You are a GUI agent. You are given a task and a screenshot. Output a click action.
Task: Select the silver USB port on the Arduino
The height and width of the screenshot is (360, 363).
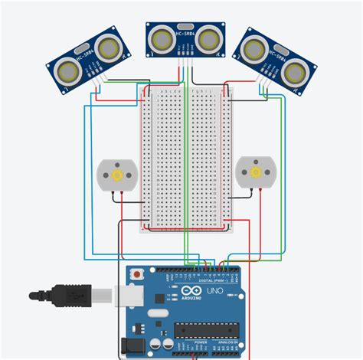(x=127, y=294)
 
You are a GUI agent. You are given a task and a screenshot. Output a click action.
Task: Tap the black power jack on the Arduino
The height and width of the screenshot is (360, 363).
(x=129, y=347)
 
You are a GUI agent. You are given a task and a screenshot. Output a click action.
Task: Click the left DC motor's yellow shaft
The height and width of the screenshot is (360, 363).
(x=116, y=175)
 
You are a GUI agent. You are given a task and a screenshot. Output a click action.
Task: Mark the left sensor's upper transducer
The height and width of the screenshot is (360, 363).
(x=107, y=47)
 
